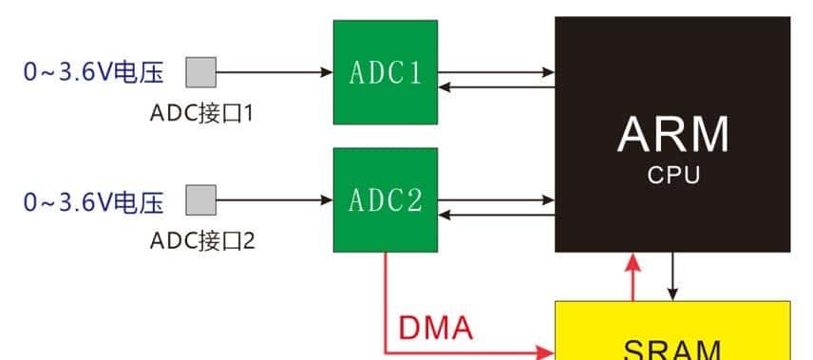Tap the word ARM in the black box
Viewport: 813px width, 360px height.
point(672,134)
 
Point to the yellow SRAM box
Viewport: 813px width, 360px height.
point(672,332)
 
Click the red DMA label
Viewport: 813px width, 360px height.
point(435,329)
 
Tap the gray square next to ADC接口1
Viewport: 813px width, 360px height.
point(200,72)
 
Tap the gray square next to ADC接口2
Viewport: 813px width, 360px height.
point(200,201)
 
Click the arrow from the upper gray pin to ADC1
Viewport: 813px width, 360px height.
point(275,72)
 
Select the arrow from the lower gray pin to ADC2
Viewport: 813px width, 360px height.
point(275,201)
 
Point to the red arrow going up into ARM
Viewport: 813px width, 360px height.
point(629,275)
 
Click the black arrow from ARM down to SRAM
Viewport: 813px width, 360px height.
point(673,275)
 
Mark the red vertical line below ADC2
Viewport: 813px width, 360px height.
point(385,299)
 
